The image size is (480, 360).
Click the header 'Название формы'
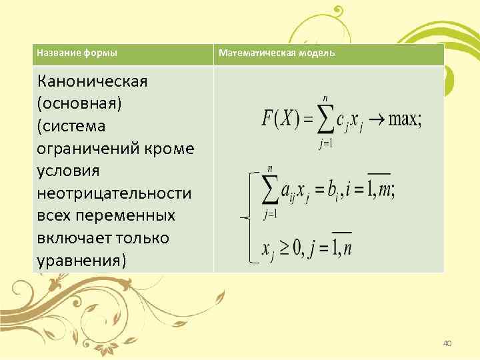point(77,53)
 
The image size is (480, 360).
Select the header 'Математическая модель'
point(277,53)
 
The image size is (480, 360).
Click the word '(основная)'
point(71,104)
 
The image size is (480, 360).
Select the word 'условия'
point(69,171)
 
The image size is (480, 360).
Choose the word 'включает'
point(75,238)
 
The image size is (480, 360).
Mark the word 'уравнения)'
point(81,260)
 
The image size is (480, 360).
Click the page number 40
point(447,343)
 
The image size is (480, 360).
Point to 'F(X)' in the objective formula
point(281,121)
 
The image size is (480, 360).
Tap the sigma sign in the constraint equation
point(270,190)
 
